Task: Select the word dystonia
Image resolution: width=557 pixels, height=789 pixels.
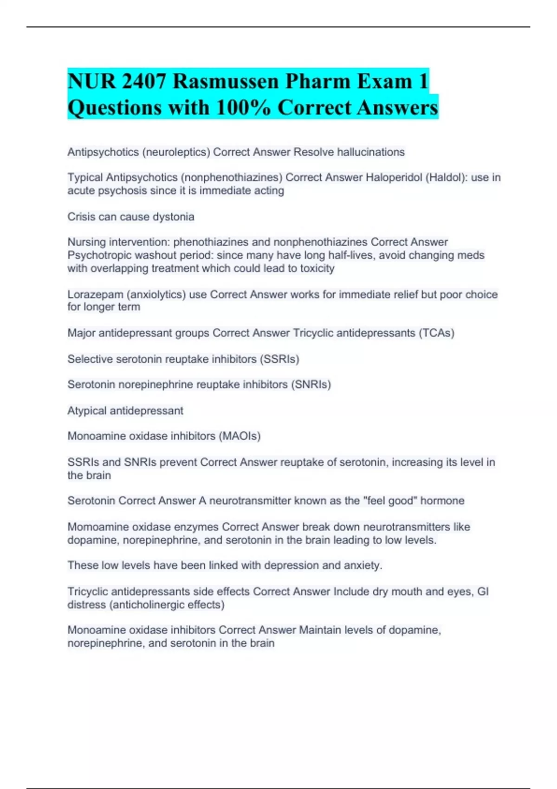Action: (174, 217)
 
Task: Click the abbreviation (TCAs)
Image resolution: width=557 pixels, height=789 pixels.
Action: (436, 333)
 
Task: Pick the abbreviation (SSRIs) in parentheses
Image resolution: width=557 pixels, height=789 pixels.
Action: (279, 359)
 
